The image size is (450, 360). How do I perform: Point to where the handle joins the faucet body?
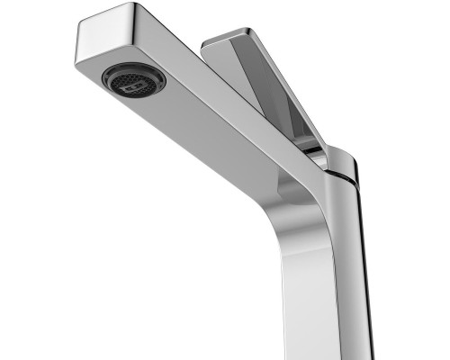[x=315, y=153]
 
